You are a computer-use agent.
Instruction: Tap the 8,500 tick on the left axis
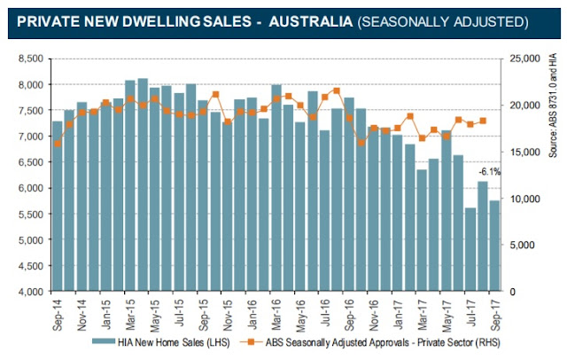[29, 59]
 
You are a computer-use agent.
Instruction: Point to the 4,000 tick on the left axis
[29, 292]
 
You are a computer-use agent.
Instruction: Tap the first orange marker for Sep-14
[58, 143]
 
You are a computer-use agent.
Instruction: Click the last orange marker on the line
[483, 121]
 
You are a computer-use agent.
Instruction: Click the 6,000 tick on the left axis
[29, 188]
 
